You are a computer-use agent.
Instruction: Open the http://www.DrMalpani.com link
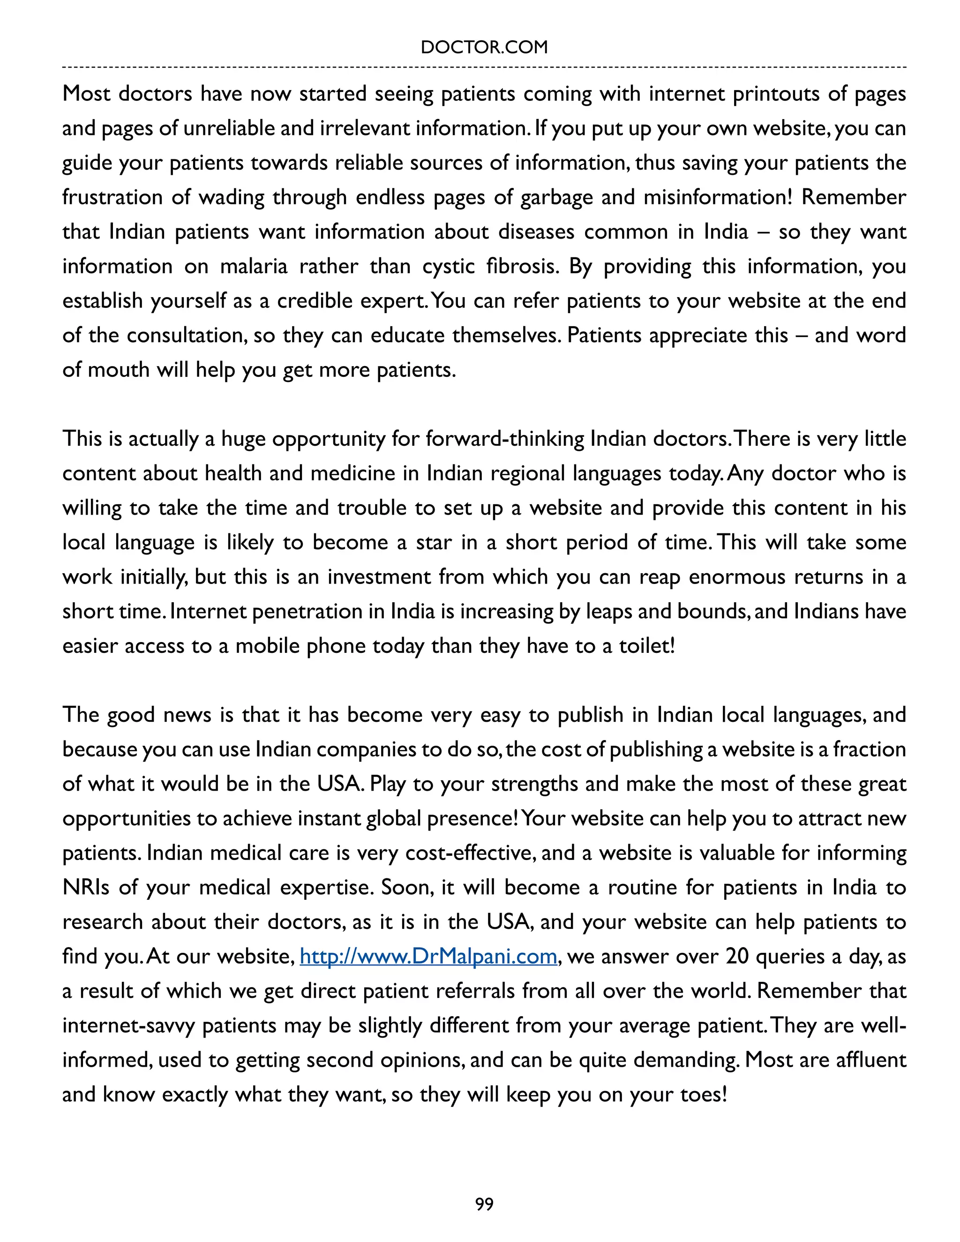tap(427, 956)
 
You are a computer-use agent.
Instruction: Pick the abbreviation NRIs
tap(86, 887)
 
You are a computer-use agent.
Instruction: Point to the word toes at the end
tap(702, 1094)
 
